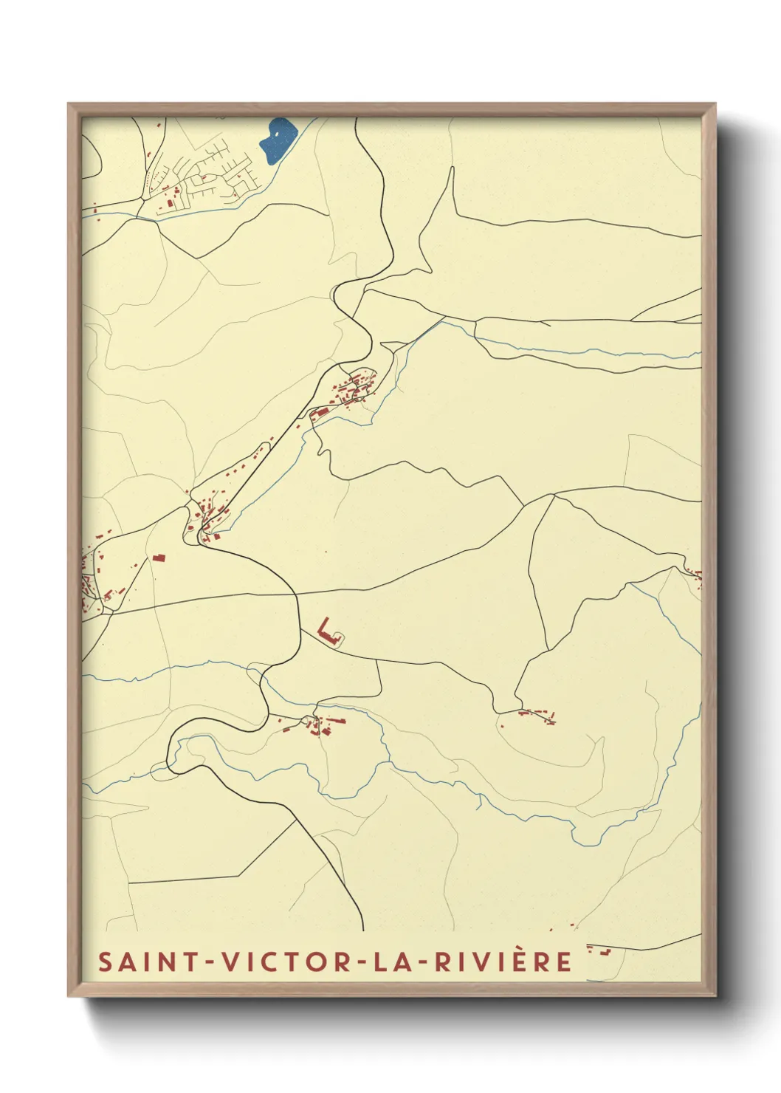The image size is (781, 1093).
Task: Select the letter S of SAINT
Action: coord(106,962)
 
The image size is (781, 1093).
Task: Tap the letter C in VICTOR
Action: coord(279,962)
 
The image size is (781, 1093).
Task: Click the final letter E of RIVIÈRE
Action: coord(565,962)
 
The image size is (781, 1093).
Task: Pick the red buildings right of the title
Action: coord(599,950)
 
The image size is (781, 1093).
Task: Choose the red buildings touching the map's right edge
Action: coord(696,576)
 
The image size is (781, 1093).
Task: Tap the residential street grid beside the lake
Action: coord(214,176)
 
